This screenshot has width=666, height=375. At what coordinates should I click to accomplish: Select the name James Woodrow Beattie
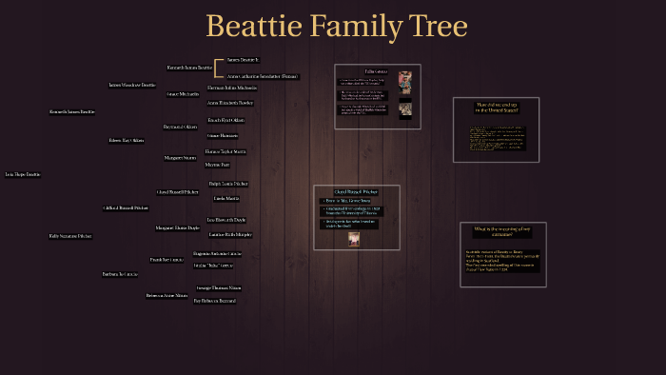click(x=131, y=85)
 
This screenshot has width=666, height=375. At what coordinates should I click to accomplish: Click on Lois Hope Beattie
click(x=23, y=175)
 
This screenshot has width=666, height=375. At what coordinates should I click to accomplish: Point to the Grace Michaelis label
click(x=183, y=94)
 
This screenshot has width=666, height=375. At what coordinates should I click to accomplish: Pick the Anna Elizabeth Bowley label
click(x=229, y=102)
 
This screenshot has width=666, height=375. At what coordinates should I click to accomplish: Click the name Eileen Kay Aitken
click(x=127, y=140)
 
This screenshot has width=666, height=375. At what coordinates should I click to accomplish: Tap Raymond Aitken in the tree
click(x=180, y=127)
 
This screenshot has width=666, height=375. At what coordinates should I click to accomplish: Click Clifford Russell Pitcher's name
click(x=126, y=207)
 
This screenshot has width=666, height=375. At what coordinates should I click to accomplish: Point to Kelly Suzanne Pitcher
click(x=70, y=235)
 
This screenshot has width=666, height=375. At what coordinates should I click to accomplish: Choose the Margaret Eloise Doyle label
click(x=178, y=228)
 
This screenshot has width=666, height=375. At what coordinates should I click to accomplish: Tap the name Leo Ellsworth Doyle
click(x=226, y=220)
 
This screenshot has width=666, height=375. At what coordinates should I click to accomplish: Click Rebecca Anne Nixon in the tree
click(x=166, y=296)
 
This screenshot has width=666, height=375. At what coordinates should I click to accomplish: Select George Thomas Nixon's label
click(x=219, y=287)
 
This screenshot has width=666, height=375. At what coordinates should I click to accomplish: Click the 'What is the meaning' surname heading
click(x=501, y=231)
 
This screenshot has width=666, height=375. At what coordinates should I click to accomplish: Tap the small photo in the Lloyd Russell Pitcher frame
click(x=354, y=238)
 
